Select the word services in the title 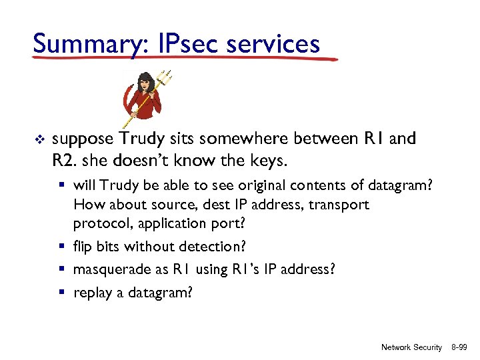273,43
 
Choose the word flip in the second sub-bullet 83,246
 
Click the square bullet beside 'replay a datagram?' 66,292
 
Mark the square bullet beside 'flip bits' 66,246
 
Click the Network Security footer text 411,347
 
